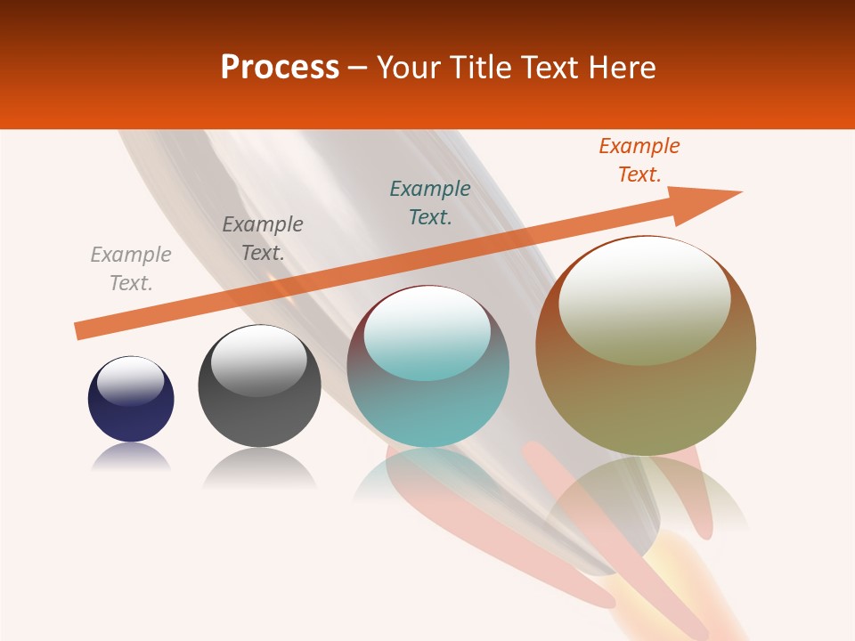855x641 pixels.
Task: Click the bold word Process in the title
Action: pos(280,68)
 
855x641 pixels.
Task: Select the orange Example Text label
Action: pos(639,160)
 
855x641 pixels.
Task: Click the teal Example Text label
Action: pos(430,202)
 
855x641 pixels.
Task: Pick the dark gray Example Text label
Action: pos(263,239)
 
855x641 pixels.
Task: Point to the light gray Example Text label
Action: pos(131,269)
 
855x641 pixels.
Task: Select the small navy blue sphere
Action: pos(131,418)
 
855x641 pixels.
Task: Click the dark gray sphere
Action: pos(259,418)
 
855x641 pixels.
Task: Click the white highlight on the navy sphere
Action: pos(130,380)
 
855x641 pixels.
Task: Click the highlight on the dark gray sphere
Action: pos(258,361)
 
